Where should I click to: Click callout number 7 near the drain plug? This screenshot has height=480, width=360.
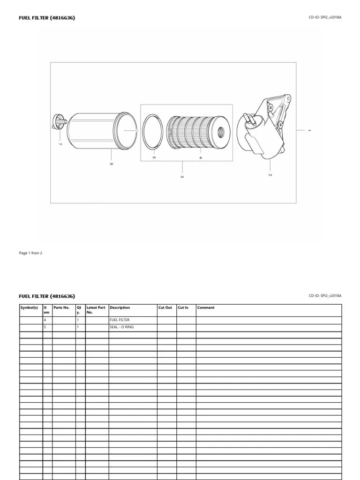[x=60, y=144]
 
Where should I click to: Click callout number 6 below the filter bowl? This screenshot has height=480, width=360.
[x=111, y=164]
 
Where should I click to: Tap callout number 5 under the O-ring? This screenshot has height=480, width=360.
[x=153, y=157]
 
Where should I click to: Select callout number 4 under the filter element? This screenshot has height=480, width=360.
[x=200, y=157]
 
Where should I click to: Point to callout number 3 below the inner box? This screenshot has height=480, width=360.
[x=182, y=176]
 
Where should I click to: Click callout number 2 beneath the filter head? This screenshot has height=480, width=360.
[x=270, y=175]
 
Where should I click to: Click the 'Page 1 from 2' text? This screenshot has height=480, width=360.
[x=30, y=253]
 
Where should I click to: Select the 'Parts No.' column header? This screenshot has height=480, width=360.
[x=61, y=307]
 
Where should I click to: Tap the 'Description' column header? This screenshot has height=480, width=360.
[x=120, y=307]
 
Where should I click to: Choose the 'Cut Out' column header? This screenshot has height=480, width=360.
[x=165, y=307]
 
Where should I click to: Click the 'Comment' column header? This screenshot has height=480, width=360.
[x=206, y=307]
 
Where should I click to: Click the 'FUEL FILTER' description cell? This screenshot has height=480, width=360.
[x=120, y=320]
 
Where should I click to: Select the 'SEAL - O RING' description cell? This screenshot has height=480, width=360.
[x=121, y=327]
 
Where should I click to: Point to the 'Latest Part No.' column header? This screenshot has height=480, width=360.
[x=96, y=310]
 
